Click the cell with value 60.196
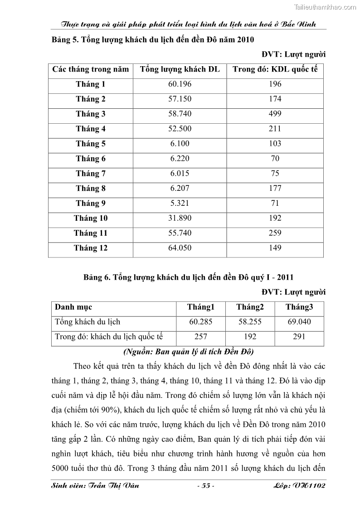[x=180, y=84]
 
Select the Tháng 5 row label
[x=91, y=144]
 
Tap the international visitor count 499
[x=275, y=114]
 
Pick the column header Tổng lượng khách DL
[x=180, y=69]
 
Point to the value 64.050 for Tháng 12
[x=180, y=248]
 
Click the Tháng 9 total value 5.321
[x=180, y=203]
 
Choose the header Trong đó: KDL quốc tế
[x=275, y=69]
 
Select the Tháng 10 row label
[x=91, y=218]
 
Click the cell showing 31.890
[x=180, y=218]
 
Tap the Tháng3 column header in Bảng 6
[x=299, y=307]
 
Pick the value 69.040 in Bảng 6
[x=299, y=322]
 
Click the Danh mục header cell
[x=73, y=307]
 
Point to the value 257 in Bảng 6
[x=200, y=337]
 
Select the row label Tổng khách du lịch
[x=88, y=322]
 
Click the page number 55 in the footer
[x=205, y=486]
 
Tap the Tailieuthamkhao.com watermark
[x=325, y=7]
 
